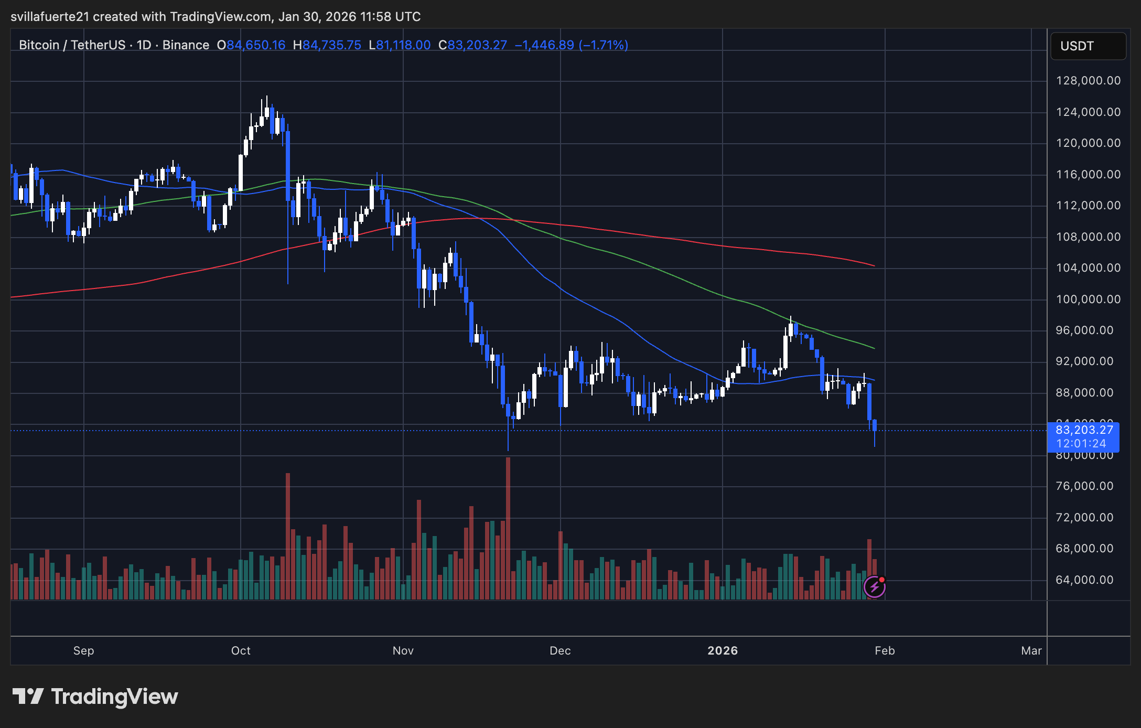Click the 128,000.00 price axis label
(1088, 81)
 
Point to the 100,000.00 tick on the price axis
(1088, 299)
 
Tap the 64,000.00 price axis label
(1084, 580)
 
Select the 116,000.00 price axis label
(1088, 175)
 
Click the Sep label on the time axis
(84, 651)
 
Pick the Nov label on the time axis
(403, 651)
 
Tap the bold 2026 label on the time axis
(723, 651)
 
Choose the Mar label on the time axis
(1031, 651)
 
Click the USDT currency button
(1088, 46)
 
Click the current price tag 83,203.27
(1084, 430)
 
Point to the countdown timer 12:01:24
(1081, 444)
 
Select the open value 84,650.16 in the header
(256, 45)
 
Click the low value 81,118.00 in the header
(403, 45)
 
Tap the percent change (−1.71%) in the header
(604, 45)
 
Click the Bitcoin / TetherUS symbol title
(72, 45)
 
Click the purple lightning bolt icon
(875, 587)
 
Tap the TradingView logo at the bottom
(95, 697)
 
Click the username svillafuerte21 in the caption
(50, 17)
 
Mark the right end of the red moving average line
(874, 266)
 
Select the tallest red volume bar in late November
(508, 524)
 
